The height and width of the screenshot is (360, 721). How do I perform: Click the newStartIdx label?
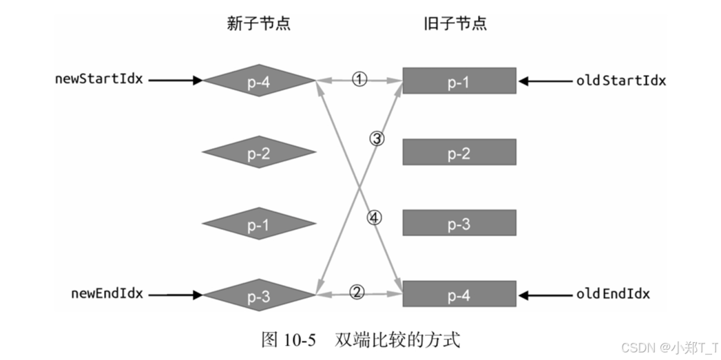point(99,78)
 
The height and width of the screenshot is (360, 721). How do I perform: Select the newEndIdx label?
point(107,293)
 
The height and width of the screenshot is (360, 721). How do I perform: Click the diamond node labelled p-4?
point(259,82)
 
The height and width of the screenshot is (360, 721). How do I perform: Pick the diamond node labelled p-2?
point(259,153)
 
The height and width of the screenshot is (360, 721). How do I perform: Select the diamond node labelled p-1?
point(259,224)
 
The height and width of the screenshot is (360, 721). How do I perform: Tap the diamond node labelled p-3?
point(259,296)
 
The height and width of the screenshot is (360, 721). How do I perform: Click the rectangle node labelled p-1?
point(459,81)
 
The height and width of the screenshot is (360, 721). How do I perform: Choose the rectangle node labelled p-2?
point(459,153)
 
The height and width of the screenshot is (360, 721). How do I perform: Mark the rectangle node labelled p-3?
point(459,224)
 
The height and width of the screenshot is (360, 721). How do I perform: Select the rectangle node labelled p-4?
point(459,295)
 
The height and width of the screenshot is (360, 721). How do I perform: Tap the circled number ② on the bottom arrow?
point(356,292)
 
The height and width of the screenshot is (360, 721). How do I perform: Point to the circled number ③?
point(377,138)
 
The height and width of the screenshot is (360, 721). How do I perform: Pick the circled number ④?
point(373,218)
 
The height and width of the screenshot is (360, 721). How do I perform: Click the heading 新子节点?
point(259,23)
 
